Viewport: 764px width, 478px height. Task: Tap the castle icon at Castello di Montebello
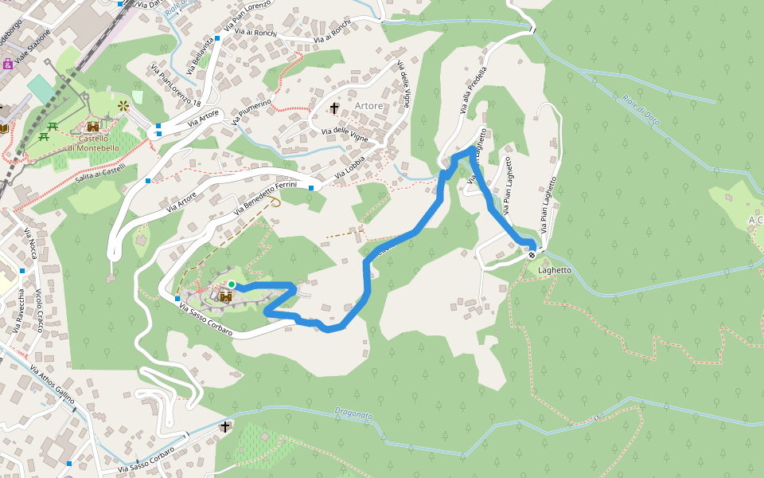93,127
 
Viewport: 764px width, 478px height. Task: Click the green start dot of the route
231,284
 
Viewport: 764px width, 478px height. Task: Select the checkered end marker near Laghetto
532,256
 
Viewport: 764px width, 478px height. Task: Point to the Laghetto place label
555,270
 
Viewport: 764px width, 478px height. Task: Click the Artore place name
368,106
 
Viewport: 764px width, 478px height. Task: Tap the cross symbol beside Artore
334,107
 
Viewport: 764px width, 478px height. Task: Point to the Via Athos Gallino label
53,385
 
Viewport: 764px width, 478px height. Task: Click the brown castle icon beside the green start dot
225,296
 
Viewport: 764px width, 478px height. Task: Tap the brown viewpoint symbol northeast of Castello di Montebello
123,105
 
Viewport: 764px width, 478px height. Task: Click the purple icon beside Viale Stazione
7,64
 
